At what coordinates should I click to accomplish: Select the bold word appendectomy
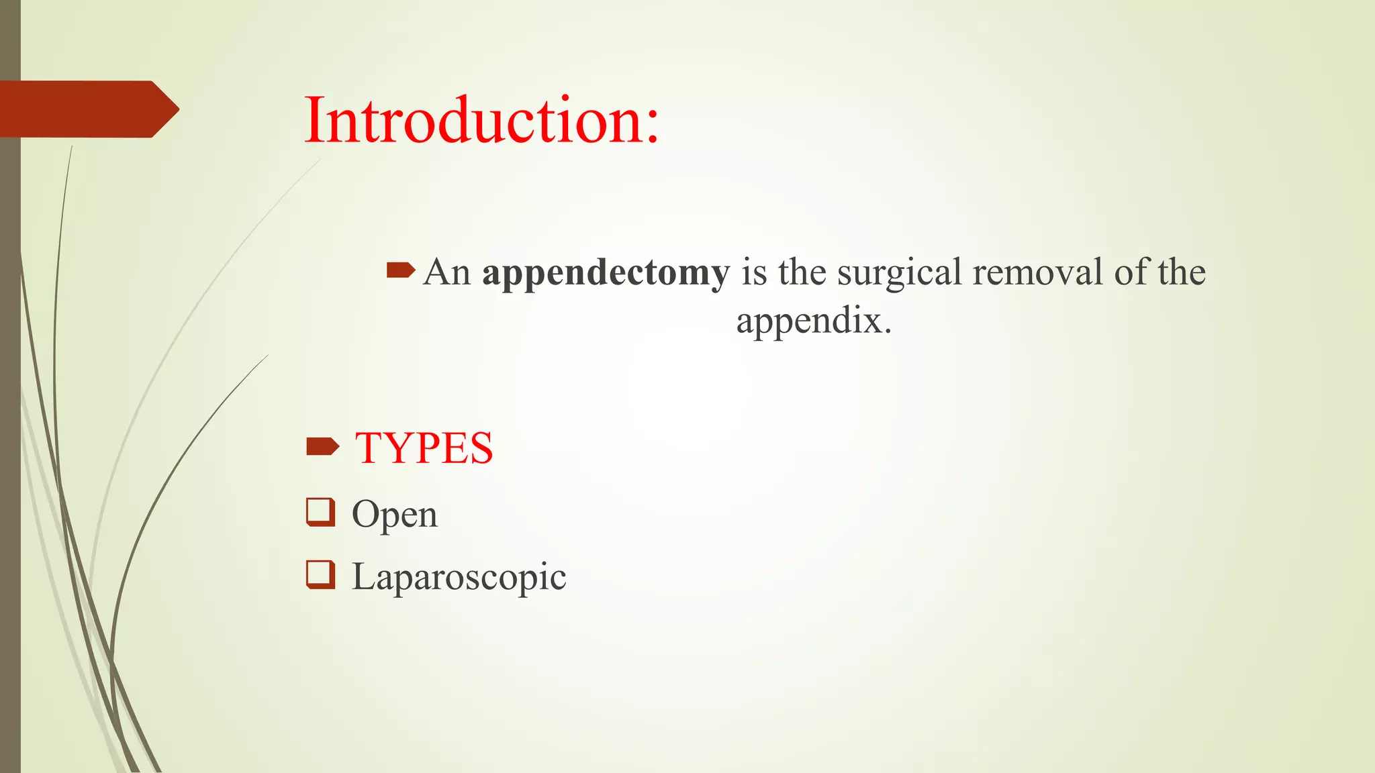606,273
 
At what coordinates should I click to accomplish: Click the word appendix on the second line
808,321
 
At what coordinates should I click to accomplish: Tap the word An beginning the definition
446,272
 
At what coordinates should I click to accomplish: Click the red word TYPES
424,448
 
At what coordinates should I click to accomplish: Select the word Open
394,515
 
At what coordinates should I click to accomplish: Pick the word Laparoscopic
459,576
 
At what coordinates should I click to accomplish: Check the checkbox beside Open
320,513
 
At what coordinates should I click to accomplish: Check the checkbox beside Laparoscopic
320,574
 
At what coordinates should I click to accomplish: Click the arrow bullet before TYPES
322,446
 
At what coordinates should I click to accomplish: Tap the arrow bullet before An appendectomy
401,270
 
